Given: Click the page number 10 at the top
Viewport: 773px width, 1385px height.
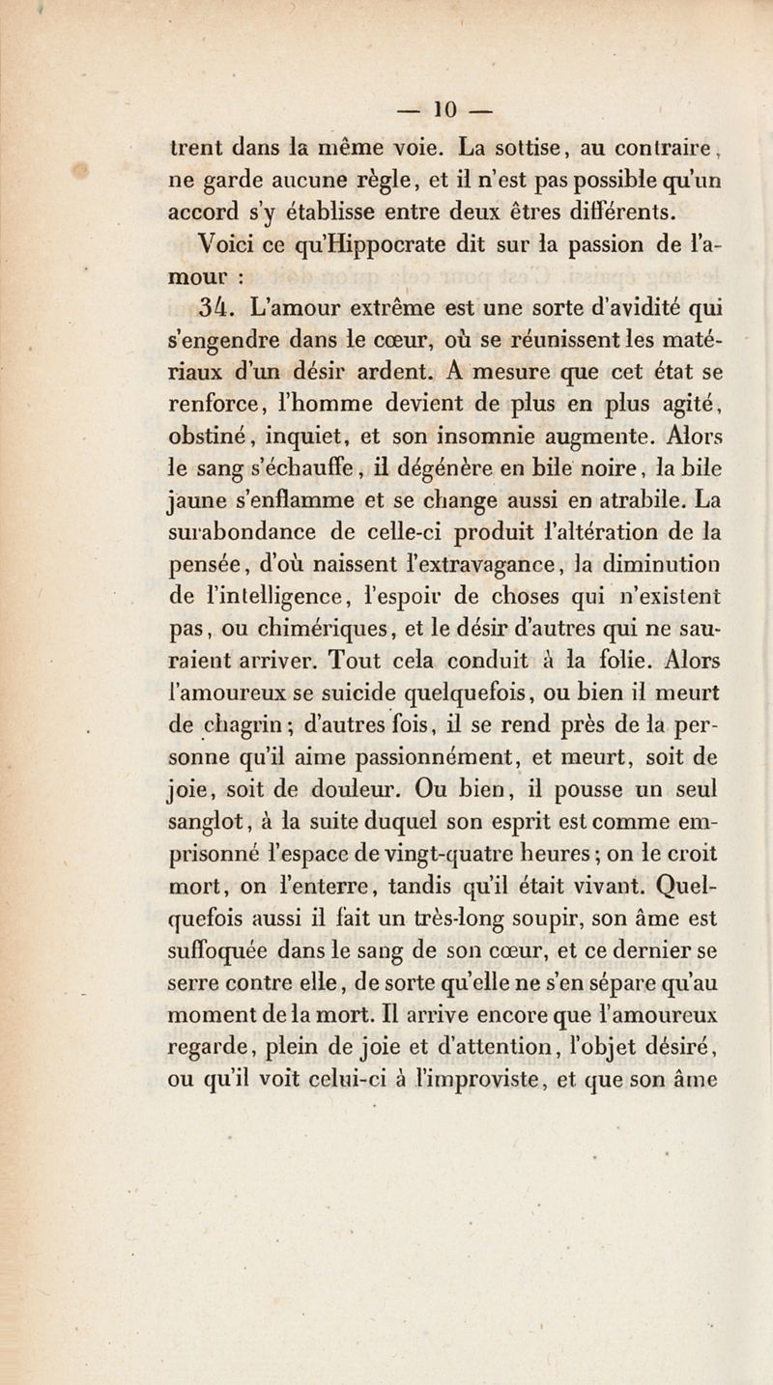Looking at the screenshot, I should tap(387, 102).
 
